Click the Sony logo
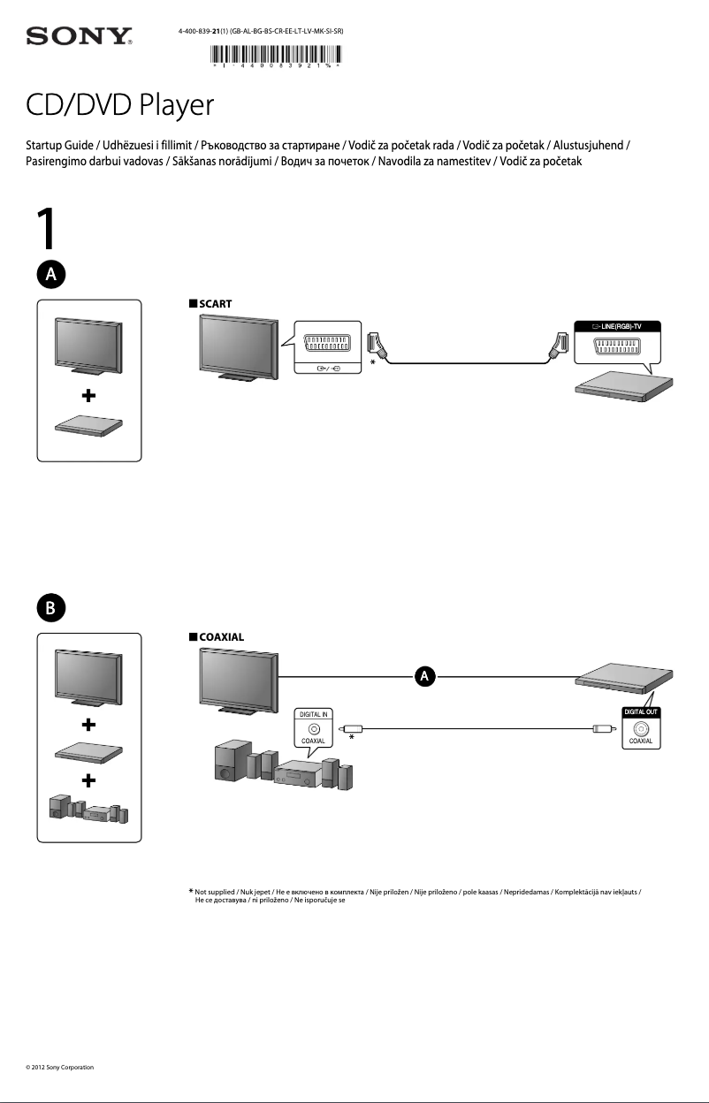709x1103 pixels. click(x=80, y=36)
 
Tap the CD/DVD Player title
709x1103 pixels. click(x=120, y=107)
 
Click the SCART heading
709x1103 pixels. click(x=215, y=303)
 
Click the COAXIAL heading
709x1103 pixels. click(x=221, y=636)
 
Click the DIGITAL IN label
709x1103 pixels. click(x=314, y=713)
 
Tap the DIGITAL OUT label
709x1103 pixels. click(x=641, y=711)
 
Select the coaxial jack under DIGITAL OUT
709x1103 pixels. click(x=641, y=728)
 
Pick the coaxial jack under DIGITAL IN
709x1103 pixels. click(x=314, y=728)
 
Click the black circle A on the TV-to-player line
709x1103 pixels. click(x=424, y=676)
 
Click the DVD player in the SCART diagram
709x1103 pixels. click(x=618, y=389)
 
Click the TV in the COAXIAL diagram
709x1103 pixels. click(x=236, y=681)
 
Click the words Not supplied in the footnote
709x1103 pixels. click(x=215, y=894)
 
